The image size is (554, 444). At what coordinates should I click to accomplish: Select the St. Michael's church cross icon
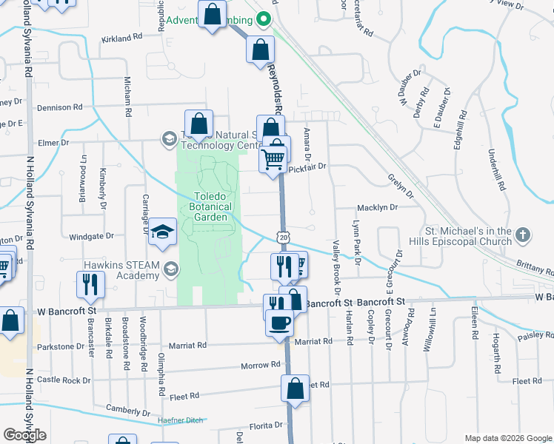click(x=524, y=235)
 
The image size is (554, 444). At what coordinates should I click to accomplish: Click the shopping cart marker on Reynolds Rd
click(x=273, y=158)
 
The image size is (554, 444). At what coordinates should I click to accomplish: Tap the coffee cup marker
click(x=280, y=323)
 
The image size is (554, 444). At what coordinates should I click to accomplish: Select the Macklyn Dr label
click(x=378, y=208)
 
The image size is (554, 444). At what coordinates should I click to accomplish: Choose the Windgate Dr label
click(x=91, y=236)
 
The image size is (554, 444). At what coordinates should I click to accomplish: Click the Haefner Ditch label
click(x=181, y=421)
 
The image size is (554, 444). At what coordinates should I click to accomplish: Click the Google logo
click(x=24, y=435)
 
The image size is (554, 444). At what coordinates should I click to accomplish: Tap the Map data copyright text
click(x=507, y=438)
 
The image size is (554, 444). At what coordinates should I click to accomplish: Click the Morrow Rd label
click(x=261, y=366)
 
